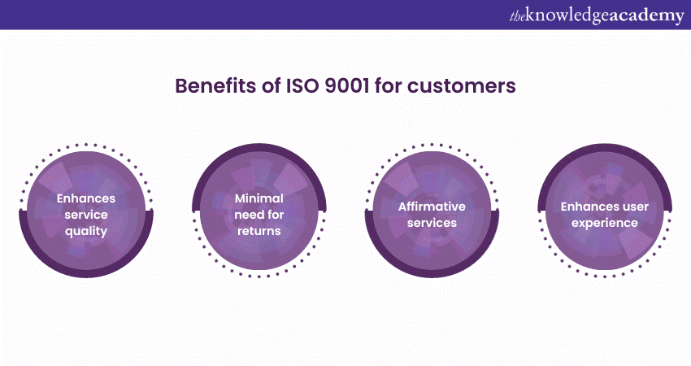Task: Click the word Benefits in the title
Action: (x=215, y=85)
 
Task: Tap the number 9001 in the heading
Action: (x=347, y=85)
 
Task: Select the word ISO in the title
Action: (x=302, y=85)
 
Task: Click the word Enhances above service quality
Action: (x=86, y=198)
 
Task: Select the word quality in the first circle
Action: (x=86, y=232)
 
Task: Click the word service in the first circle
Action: (x=86, y=215)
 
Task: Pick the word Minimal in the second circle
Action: (x=259, y=198)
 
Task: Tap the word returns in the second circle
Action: (x=259, y=232)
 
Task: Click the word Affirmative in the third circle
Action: (x=432, y=207)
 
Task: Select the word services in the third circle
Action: (x=432, y=223)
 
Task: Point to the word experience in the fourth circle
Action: (x=605, y=224)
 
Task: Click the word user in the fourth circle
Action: (x=636, y=207)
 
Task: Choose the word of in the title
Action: (x=272, y=85)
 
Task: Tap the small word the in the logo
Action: (x=517, y=17)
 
